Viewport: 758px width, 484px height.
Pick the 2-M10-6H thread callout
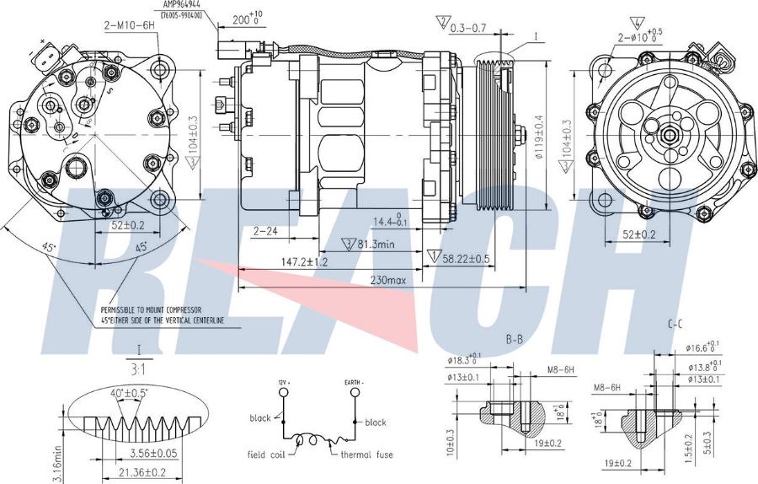pyautogui.click(x=131, y=26)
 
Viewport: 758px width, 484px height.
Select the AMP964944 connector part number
pyautogui.click(x=188, y=5)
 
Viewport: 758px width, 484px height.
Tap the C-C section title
pyautogui.click(x=675, y=324)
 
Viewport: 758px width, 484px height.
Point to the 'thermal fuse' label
pyautogui.click(x=366, y=454)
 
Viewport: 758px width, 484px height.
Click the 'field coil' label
pyautogui.click(x=268, y=454)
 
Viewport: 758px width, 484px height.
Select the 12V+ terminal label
pyautogui.click(x=283, y=383)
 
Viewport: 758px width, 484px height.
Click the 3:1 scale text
pyautogui.click(x=138, y=368)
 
